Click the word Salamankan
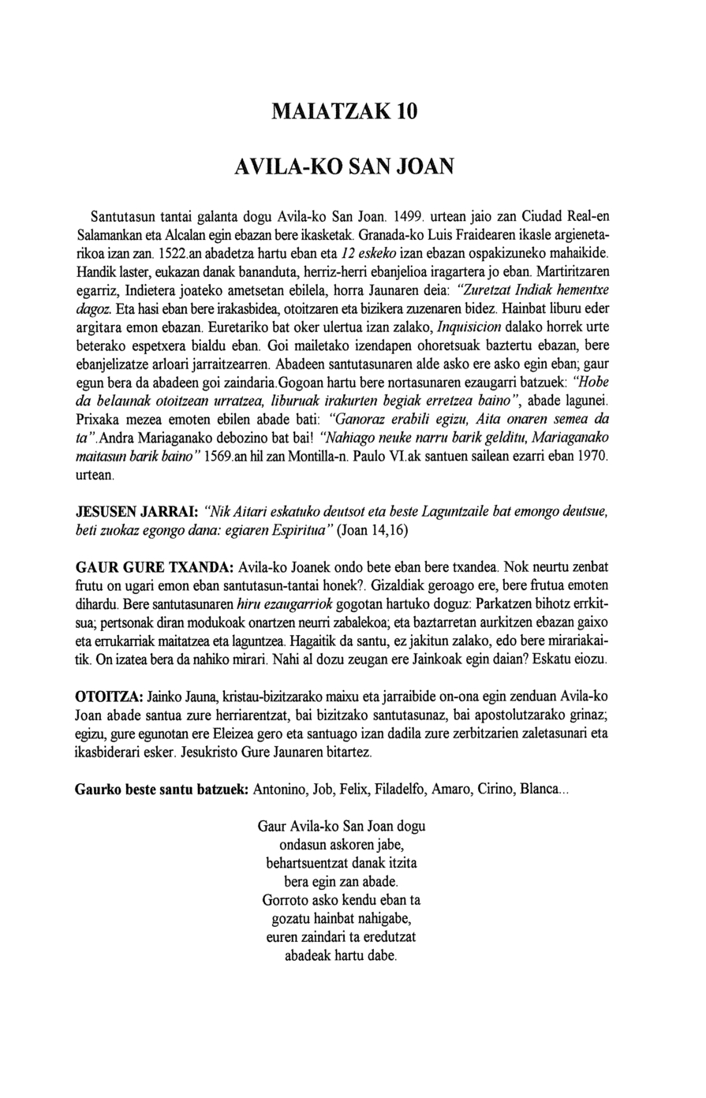point(111,235)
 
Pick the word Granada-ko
point(405,235)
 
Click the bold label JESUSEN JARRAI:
point(136,511)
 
